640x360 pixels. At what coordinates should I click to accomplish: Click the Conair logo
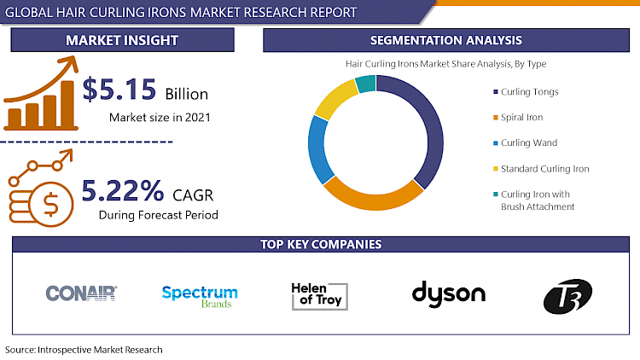[x=81, y=294]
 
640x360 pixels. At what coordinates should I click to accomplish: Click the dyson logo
[x=448, y=294]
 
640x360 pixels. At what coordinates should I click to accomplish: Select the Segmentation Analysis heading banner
[x=446, y=40]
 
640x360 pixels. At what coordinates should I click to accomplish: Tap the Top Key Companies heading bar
[x=320, y=245]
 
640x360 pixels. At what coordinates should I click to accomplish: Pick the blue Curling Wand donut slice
[x=318, y=148]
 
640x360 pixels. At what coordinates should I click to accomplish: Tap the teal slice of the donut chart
[x=364, y=83]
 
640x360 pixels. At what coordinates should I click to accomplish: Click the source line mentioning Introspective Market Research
[x=84, y=350]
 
